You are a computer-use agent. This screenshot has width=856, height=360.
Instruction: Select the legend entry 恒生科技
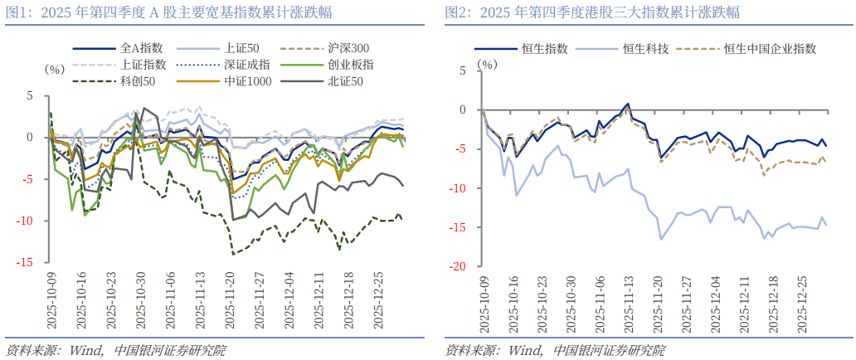646,49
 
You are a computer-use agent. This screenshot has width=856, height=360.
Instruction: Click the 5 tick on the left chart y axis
30,96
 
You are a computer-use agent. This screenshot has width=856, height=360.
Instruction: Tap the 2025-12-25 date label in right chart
802,305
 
